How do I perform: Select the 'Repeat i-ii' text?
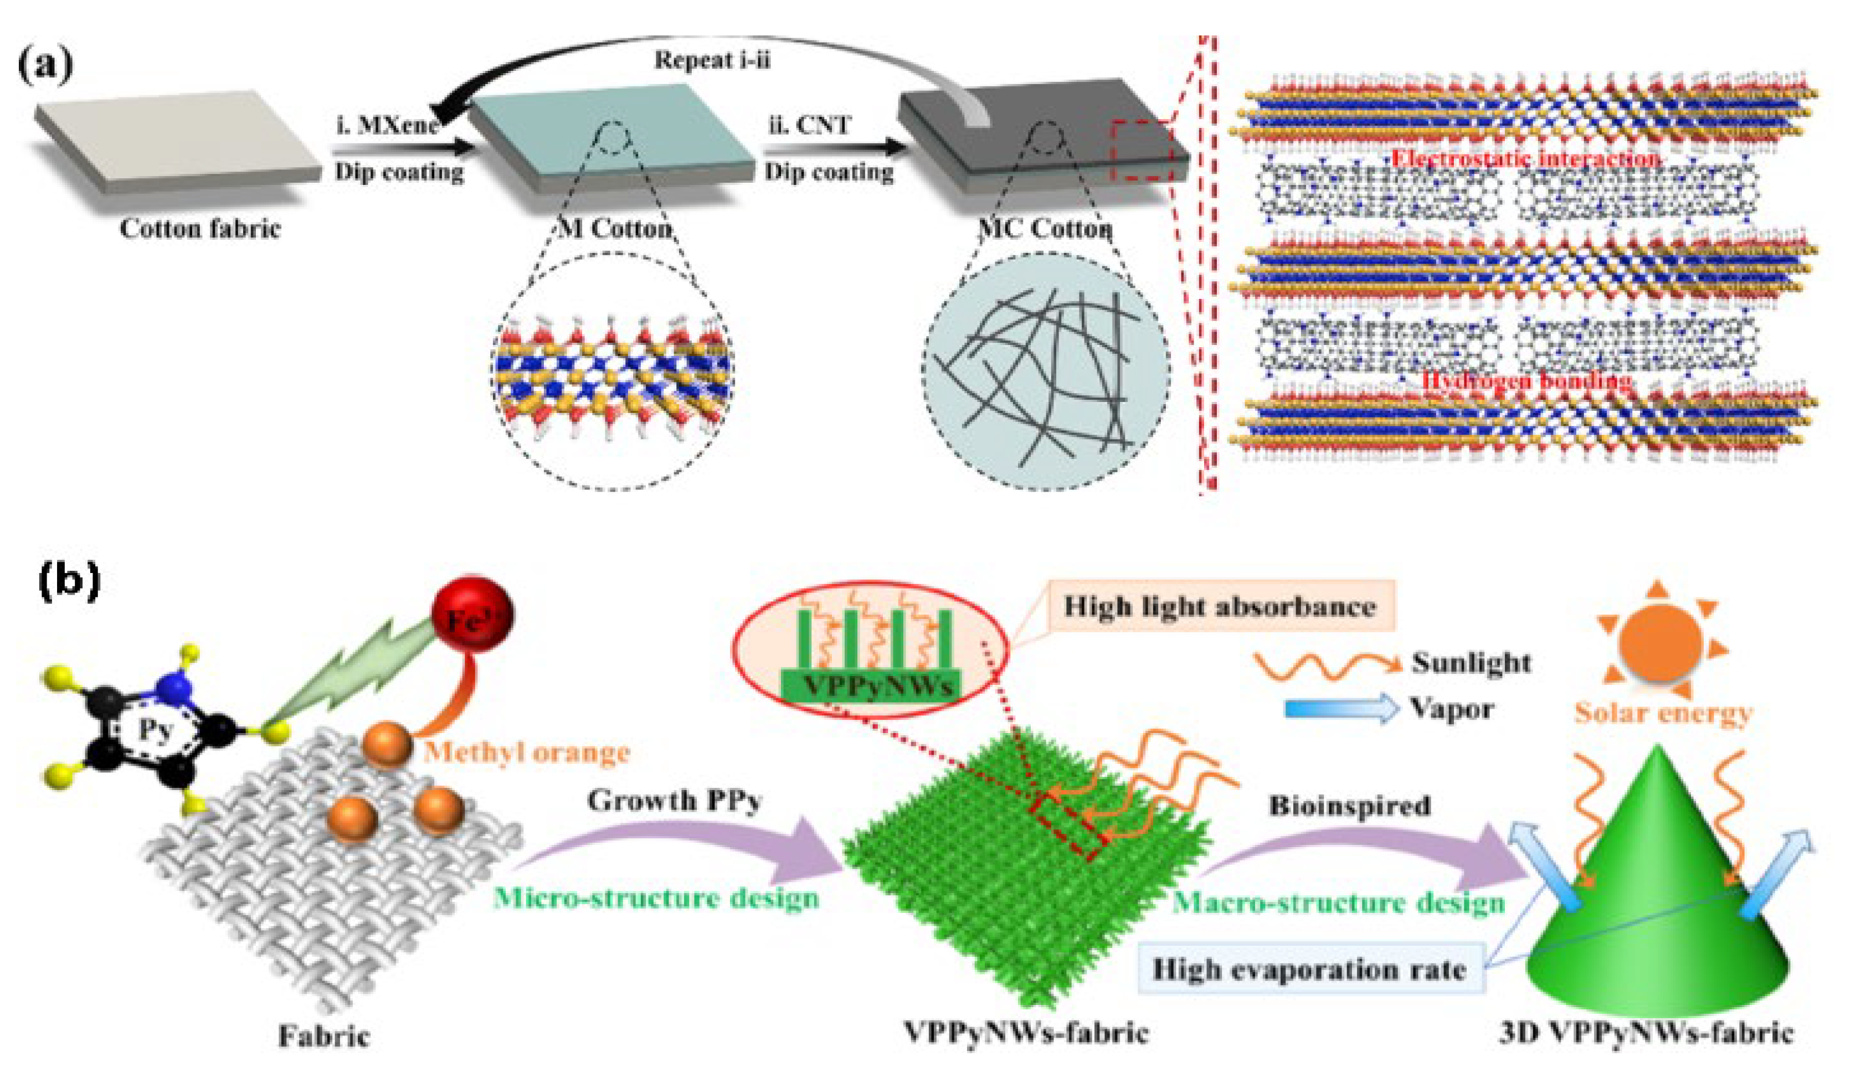click(712, 60)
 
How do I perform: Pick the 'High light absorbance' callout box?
click(1219, 607)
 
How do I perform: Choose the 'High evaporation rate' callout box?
click(1309, 969)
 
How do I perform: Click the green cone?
click(1654, 908)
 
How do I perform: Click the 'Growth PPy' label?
click(674, 801)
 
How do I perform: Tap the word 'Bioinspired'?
click(1350, 806)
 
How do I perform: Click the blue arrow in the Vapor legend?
click(1341, 709)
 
